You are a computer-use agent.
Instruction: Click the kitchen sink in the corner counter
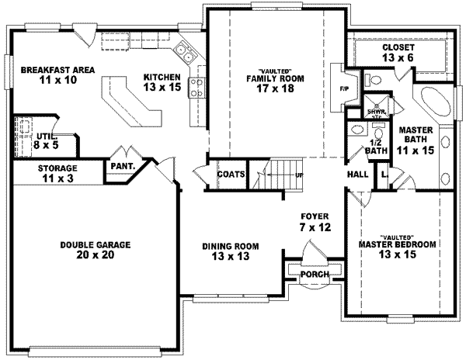click(x=185, y=53)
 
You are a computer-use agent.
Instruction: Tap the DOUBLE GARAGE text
click(x=96, y=244)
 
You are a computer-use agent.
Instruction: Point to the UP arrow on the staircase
click(x=297, y=176)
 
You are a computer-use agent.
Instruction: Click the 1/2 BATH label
click(x=377, y=146)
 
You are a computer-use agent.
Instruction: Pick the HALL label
click(x=358, y=175)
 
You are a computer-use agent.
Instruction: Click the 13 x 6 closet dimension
click(x=398, y=57)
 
